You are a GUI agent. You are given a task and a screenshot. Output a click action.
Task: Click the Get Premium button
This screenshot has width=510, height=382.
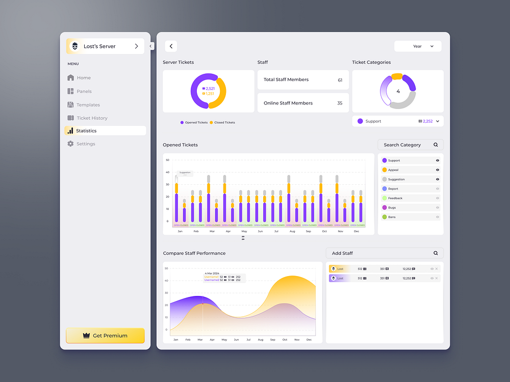coord(105,336)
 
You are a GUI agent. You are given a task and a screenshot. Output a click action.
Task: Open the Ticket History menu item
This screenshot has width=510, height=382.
coord(92,118)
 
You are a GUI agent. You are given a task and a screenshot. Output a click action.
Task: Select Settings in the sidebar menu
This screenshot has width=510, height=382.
coord(86,144)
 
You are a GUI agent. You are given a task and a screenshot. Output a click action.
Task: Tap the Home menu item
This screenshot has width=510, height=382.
coord(84,78)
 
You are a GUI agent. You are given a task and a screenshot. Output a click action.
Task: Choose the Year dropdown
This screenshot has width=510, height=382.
coord(418,46)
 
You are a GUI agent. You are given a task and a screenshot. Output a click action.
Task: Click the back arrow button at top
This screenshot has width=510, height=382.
coord(171,46)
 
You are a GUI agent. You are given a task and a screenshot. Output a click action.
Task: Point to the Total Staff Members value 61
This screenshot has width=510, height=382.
coord(340,80)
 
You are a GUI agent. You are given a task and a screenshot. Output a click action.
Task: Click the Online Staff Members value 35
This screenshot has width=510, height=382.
coord(340,103)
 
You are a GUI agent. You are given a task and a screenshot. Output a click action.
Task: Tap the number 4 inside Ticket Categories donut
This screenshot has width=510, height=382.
coord(398,92)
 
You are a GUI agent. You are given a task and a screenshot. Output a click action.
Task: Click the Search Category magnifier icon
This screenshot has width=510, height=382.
coord(436,145)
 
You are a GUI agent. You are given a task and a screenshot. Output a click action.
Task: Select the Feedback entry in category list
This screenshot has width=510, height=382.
coord(395,198)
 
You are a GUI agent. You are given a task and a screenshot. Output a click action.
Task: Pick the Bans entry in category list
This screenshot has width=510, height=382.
coord(392,217)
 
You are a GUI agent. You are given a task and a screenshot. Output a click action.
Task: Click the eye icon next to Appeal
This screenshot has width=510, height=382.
coord(438,170)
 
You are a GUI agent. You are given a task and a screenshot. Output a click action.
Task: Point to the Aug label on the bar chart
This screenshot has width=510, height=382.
coord(292,231)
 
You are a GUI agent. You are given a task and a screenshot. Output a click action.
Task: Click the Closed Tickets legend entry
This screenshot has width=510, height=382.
coord(224,123)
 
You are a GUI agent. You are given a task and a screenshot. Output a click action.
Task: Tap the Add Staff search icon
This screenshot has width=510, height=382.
coord(436,253)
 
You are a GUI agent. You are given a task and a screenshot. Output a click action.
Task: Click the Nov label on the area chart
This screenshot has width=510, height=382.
coord(297,340)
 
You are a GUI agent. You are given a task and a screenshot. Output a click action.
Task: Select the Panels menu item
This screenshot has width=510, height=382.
coord(84,92)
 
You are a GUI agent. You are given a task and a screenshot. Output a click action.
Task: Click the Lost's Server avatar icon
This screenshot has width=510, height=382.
coord(75,46)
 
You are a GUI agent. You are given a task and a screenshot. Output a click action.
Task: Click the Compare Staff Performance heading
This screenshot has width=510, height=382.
coord(194,253)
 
